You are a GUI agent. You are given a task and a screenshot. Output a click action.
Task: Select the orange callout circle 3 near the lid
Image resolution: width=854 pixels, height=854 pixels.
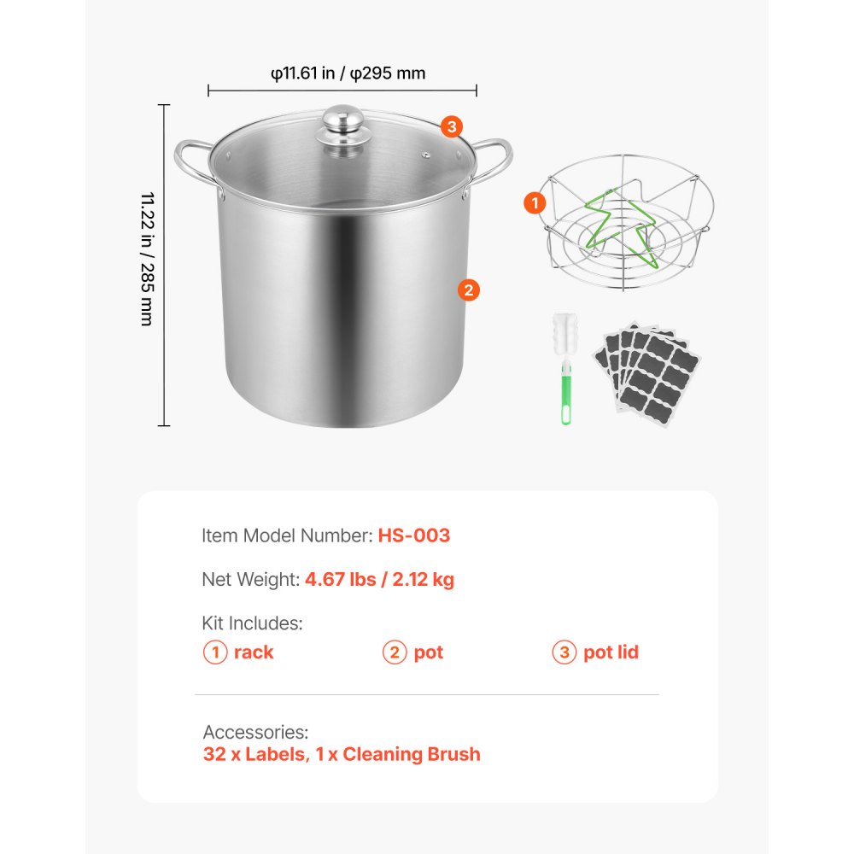[452, 127]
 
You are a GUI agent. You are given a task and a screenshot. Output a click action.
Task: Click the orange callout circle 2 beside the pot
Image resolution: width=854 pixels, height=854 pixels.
[468, 290]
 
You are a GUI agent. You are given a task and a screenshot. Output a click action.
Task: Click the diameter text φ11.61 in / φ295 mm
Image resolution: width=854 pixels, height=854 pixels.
[348, 73]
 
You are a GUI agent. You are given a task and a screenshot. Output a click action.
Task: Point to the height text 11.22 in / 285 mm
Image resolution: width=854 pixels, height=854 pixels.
[146, 259]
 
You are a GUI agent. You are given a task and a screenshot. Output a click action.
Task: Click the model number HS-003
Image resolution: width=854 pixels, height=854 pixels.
[413, 535]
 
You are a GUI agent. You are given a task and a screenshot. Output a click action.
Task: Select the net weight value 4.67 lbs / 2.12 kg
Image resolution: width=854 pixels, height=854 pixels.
[379, 580]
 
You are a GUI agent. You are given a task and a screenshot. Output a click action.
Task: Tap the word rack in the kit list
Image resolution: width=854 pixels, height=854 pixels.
[254, 652]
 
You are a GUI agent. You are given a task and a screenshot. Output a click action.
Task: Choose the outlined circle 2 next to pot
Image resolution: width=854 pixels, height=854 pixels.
[394, 652]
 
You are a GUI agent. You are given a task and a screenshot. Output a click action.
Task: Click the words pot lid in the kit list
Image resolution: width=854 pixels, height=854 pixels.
[611, 652]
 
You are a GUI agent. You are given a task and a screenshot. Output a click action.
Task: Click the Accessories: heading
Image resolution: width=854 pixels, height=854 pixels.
[255, 732]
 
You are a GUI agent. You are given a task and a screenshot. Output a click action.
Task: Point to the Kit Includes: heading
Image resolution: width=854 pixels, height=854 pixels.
[252, 623]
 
